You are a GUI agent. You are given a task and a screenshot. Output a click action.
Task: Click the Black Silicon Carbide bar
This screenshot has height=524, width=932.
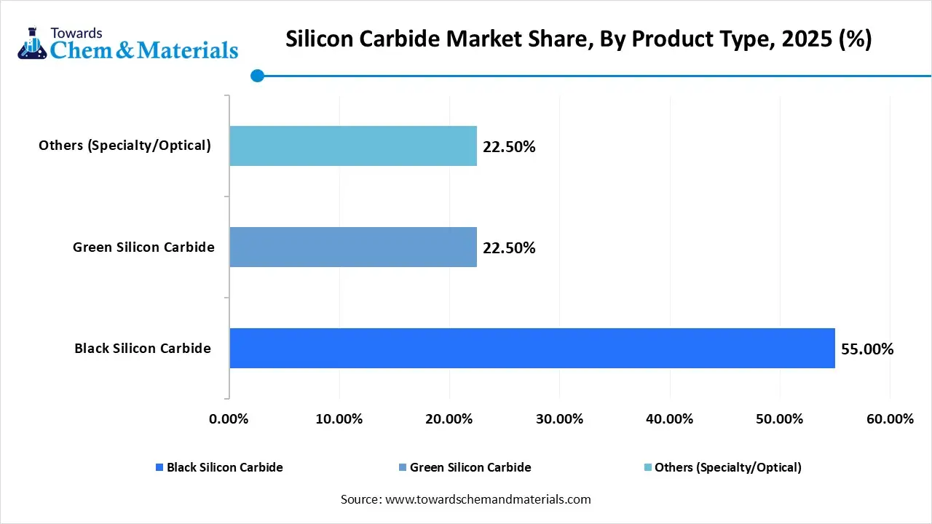click(x=532, y=348)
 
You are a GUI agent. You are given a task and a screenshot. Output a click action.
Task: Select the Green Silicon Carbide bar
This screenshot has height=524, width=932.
click(x=353, y=247)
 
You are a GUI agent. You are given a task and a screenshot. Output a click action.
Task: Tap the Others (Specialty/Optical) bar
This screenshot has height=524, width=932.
click(x=353, y=146)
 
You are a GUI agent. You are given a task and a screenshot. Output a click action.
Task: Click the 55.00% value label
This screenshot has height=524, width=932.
click(x=867, y=349)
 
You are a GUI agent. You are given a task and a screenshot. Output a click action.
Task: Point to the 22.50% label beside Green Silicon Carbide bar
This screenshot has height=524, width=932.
click(x=509, y=248)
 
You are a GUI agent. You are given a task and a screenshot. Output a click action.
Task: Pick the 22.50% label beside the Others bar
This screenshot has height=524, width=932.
click(x=509, y=147)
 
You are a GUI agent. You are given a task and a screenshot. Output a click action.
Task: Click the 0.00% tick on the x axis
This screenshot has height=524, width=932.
click(x=229, y=419)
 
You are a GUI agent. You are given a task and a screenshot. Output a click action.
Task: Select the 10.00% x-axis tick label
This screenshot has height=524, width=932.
click(x=339, y=419)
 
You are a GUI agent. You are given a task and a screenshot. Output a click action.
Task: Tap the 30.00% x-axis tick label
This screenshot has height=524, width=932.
click(x=559, y=419)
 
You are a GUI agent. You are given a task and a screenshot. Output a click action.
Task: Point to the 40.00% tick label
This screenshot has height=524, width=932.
click(x=669, y=419)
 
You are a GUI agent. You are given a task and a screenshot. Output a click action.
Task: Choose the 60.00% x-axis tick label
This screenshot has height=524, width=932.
click(x=890, y=419)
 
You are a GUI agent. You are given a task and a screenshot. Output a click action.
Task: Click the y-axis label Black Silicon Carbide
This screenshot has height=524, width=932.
click(x=143, y=349)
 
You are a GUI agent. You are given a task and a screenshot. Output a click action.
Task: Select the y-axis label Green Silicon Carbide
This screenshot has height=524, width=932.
click(x=143, y=247)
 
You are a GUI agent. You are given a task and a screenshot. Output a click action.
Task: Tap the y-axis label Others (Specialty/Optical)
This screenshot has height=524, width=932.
click(x=125, y=146)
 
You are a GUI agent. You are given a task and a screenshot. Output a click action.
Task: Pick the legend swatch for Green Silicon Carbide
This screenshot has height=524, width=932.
click(x=403, y=468)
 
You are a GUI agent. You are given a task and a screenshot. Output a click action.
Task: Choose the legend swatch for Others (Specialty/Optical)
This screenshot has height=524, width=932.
click(x=647, y=468)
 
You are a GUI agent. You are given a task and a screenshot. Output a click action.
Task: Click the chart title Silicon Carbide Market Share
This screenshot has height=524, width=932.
click(x=578, y=39)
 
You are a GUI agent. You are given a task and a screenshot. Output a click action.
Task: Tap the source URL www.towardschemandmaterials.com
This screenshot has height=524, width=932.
click(x=487, y=499)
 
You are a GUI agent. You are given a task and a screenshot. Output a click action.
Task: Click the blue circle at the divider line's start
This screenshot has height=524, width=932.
click(x=257, y=75)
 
